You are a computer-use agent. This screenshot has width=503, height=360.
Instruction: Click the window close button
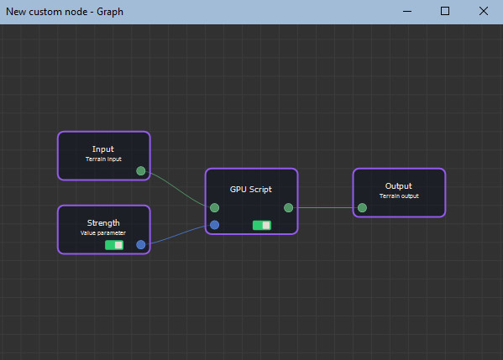(x=484, y=11)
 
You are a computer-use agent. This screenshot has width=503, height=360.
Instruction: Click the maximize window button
(x=445, y=11)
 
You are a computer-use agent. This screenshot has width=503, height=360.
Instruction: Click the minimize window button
(x=407, y=11)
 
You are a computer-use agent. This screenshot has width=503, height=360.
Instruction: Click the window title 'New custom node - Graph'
(x=65, y=12)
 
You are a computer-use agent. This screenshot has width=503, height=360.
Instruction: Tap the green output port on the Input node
(x=141, y=171)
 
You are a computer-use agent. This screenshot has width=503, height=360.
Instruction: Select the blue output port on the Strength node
(x=141, y=245)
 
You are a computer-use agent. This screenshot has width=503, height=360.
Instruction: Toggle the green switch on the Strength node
(x=114, y=245)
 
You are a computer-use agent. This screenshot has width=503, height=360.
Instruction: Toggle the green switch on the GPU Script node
(x=262, y=226)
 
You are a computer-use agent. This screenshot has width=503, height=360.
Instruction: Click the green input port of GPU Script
(x=215, y=208)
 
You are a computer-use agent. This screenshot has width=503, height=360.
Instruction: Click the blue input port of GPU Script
(x=215, y=225)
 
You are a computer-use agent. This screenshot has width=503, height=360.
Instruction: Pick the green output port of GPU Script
(x=288, y=208)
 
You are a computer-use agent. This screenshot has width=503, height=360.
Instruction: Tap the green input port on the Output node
(x=362, y=208)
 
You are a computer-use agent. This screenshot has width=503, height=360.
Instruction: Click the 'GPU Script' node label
(x=251, y=190)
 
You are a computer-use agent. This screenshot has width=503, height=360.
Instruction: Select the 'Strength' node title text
(x=103, y=222)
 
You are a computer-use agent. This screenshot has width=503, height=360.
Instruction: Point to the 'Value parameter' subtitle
(x=103, y=233)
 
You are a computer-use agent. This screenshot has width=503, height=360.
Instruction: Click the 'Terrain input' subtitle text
(x=103, y=159)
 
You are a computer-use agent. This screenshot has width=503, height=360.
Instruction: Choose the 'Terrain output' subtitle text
(x=399, y=196)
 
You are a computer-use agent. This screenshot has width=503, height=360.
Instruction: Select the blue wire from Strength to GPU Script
(x=177, y=235)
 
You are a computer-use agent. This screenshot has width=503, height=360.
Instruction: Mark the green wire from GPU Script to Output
(x=325, y=208)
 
